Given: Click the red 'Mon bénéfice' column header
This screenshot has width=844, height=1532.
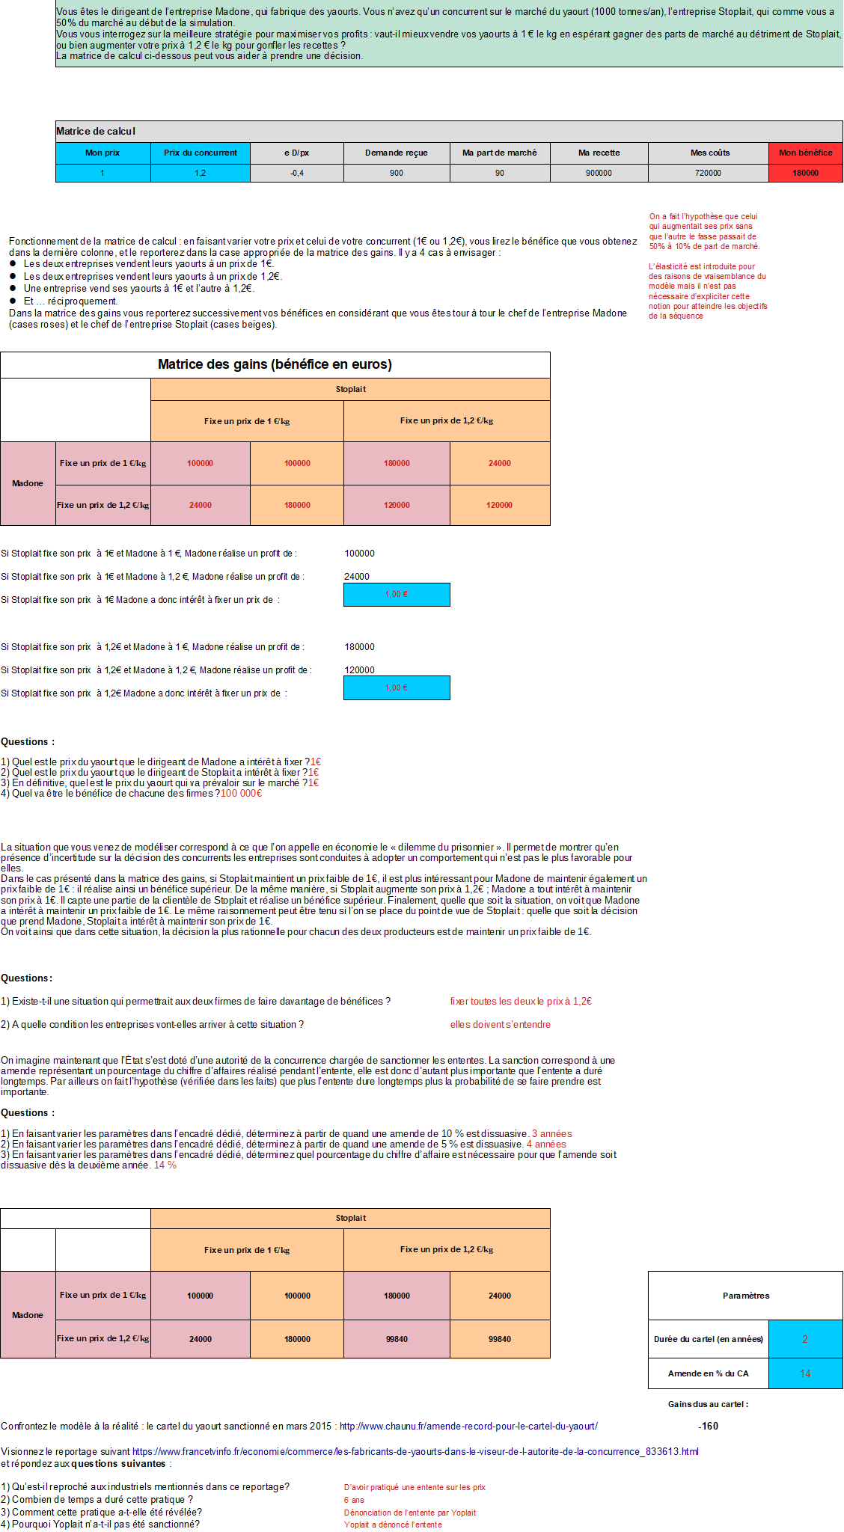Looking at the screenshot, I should click(805, 153).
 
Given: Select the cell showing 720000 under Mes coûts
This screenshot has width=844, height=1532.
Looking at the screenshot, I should click(708, 173).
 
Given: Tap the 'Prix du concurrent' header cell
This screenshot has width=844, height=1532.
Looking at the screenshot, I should click(200, 153).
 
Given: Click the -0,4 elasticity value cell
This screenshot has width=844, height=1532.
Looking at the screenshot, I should click(296, 173).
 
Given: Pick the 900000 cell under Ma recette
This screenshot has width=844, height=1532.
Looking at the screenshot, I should click(599, 173).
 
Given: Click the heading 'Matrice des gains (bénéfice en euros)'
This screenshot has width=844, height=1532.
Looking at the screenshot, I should click(275, 364).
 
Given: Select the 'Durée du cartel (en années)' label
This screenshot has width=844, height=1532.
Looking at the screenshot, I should click(708, 1339).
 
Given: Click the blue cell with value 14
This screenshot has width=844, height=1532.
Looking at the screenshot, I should click(805, 1373).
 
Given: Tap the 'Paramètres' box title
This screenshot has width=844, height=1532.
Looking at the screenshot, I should click(745, 1296).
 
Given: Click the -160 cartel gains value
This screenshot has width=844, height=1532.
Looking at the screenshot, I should click(708, 1426).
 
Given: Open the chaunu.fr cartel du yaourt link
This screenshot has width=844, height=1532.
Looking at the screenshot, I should click(468, 1426).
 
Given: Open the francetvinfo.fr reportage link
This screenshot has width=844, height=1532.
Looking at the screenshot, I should click(415, 1451).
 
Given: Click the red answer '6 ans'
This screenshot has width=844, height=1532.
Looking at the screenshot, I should click(354, 1500).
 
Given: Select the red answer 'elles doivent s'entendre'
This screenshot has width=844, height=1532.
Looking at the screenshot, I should click(500, 1024).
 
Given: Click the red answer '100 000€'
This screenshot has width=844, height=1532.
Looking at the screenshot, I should click(241, 793).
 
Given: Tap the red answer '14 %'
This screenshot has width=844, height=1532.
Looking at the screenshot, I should click(165, 1165).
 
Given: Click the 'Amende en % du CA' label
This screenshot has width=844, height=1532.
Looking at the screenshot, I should click(708, 1373).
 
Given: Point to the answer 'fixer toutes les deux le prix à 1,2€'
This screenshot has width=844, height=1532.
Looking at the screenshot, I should click(520, 1001).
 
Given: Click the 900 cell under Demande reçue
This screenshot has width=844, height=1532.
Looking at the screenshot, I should click(396, 173).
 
